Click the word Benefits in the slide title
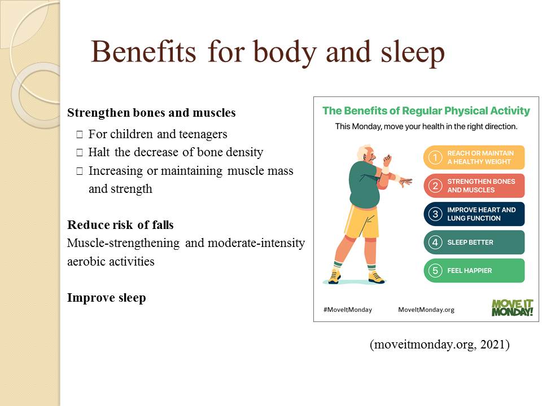coord(143,52)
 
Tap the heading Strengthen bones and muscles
coord(151,113)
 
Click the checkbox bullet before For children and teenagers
coord(80,134)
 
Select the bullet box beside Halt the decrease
coord(80,152)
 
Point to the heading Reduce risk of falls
coord(120,225)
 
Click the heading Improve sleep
coord(107,298)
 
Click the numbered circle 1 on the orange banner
coord(435,157)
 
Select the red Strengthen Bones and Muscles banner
coord(474,186)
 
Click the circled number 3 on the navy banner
coord(435,214)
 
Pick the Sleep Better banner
coord(474,242)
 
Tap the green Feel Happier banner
coord(474,271)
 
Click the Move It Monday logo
coord(512,308)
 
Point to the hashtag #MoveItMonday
coord(347,310)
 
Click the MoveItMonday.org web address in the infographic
coord(426,310)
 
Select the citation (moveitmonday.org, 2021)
coord(440,345)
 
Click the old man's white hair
coord(362,152)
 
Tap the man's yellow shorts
coord(361,221)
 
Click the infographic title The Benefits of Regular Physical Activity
coord(426,111)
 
